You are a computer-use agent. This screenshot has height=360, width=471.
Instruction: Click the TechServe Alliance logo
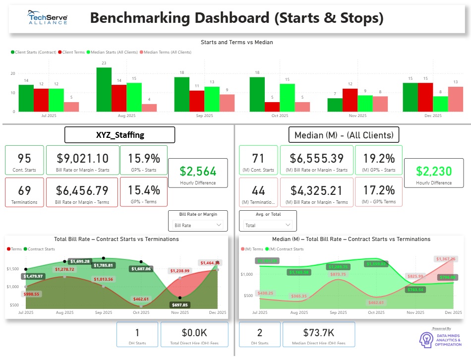click(48, 18)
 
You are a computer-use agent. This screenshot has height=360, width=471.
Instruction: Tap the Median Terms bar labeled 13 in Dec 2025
click(456, 99)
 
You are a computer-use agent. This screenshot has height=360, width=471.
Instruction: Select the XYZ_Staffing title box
click(120, 135)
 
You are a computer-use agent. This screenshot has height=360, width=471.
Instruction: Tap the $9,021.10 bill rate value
click(82, 158)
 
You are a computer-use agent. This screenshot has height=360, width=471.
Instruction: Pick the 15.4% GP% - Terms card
click(143, 192)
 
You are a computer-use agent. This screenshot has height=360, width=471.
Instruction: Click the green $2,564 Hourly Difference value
click(198, 172)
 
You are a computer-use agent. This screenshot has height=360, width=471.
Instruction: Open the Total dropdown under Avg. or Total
click(268, 225)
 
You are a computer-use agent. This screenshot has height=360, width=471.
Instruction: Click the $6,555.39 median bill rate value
click(316, 158)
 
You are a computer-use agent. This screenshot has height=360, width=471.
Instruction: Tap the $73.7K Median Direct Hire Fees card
click(318, 334)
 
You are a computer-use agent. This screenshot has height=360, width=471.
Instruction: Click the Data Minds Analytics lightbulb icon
click(426, 339)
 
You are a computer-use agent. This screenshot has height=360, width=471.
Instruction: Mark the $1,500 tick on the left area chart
click(12, 268)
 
